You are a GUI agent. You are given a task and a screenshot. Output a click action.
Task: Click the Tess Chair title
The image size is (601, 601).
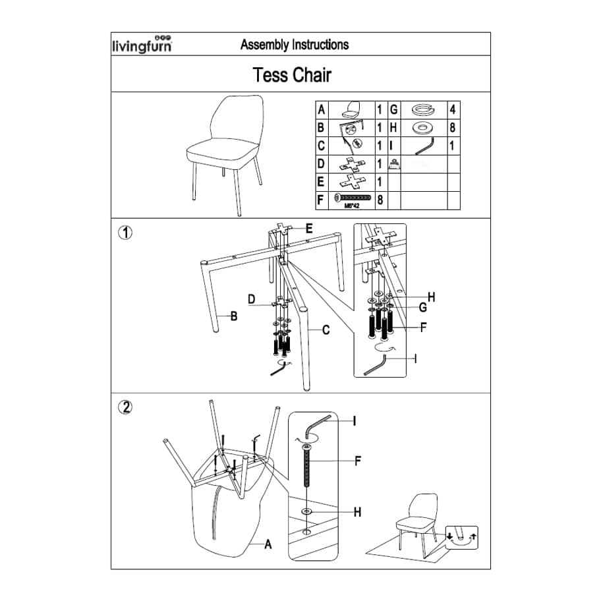click(x=292, y=74)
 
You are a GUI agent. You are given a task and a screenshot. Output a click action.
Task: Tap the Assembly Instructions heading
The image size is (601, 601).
click(x=295, y=45)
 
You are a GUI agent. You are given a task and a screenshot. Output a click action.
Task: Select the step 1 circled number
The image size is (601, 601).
click(x=125, y=232)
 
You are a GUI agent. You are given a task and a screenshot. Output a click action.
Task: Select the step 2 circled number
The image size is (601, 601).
click(x=125, y=407)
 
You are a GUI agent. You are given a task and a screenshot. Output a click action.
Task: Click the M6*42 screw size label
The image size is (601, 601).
click(x=351, y=205)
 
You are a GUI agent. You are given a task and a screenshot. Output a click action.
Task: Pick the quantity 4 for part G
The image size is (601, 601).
click(x=453, y=109)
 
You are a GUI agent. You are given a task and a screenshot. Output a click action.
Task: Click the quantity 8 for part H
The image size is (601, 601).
click(x=453, y=128)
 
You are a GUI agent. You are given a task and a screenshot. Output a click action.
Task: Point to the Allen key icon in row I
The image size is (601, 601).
click(x=420, y=145)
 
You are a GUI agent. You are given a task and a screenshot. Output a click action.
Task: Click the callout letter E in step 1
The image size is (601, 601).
click(x=308, y=229)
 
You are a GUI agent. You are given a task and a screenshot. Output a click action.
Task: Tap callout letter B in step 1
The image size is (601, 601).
click(x=233, y=316)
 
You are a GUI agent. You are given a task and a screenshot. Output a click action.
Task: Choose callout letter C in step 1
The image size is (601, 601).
click(x=326, y=330)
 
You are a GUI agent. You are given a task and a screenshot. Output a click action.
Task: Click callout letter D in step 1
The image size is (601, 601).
click(x=252, y=300)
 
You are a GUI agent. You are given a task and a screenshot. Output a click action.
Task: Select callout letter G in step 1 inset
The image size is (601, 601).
click(x=422, y=307)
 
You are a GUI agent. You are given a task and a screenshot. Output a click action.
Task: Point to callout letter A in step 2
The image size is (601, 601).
click(x=268, y=544)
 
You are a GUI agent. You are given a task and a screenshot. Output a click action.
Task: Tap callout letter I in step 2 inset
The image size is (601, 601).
click(x=354, y=420)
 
